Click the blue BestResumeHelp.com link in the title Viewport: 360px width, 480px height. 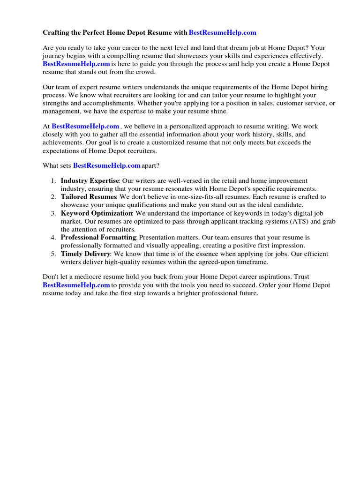click(222, 32)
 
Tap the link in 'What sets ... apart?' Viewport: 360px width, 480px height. click(107, 165)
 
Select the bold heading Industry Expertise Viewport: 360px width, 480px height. click(90, 181)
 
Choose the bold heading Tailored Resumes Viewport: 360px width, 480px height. click(88, 197)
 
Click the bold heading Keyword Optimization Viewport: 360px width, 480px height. click(97, 213)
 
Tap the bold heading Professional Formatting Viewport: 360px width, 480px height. click(98, 238)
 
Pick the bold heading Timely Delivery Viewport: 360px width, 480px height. click(85, 254)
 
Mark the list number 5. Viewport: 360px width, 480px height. click(53, 254)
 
